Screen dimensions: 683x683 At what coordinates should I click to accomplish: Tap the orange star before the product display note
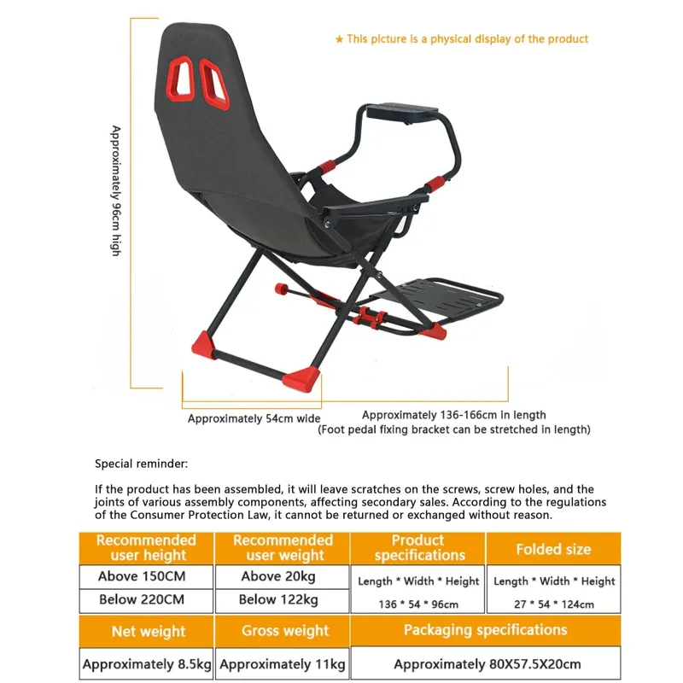[x=339, y=39]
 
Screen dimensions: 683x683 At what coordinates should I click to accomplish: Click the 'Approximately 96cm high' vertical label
[x=117, y=190]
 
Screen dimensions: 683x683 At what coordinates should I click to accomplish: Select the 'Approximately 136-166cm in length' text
[x=453, y=415]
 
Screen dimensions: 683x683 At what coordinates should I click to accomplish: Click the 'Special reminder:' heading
[x=141, y=464]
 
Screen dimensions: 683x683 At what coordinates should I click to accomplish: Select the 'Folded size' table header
[x=553, y=549]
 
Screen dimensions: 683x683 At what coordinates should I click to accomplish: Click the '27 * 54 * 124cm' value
[x=553, y=604]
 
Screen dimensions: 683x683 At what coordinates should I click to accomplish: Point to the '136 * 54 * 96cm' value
[x=418, y=604]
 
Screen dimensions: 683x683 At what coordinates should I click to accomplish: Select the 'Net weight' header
[x=148, y=632]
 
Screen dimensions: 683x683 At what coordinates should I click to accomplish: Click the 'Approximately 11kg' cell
[x=283, y=663]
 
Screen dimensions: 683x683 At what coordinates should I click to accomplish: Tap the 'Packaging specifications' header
[x=485, y=630]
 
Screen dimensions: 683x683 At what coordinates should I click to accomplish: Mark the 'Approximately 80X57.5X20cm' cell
[x=485, y=663]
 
